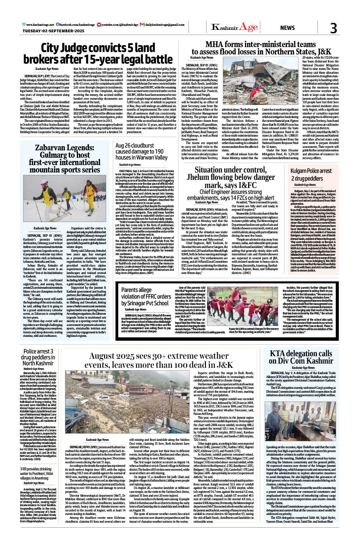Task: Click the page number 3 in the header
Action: point(333,28)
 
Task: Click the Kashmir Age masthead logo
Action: point(235,27)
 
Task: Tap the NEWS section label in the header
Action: point(287,28)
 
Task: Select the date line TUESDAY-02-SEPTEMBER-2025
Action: point(53,31)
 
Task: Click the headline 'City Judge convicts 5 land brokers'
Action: point(98,53)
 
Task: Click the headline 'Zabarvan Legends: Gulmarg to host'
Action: point(65,158)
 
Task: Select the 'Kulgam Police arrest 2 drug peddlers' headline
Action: point(311,175)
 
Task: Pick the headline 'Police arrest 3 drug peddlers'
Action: point(38,357)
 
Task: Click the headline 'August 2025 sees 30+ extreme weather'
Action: point(159,360)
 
